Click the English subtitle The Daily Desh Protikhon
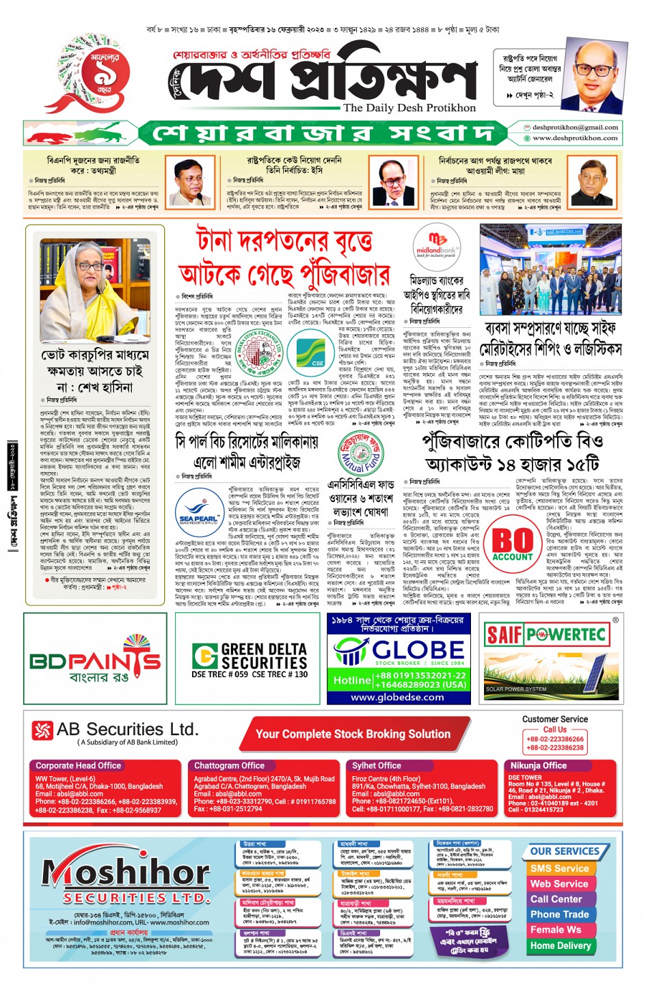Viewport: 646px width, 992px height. (x=409, y=108)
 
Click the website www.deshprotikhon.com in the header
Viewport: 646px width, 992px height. (x=575, y=138)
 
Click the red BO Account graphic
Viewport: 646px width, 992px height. (x=512, y=544)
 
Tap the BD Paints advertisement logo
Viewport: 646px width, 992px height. (x=95, y=659)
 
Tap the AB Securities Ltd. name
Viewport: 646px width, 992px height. (x=127, y=730)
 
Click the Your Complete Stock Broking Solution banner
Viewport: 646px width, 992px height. (x=353, y=734)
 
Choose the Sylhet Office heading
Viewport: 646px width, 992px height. (x=376, y=766)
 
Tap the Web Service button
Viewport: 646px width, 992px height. (x=559, y=884)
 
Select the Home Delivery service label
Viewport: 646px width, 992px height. (x=561, y=946)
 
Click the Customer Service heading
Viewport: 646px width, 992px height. (x=554, y=719)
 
